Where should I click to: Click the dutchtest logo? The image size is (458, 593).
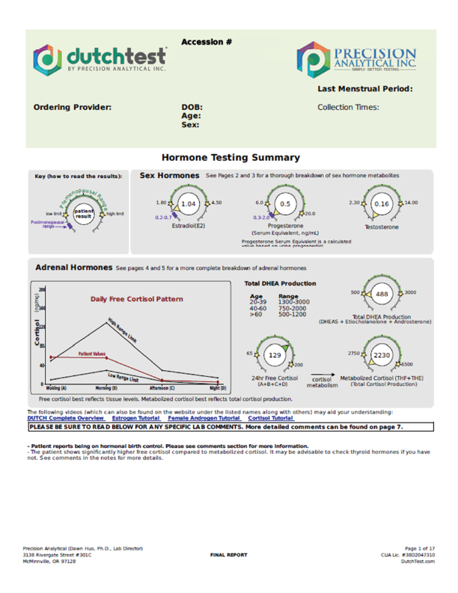click(x=100, y=58)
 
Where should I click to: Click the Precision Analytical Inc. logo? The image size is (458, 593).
click(x=355, y=58)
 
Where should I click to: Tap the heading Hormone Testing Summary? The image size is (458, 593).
click(x=230, y=158)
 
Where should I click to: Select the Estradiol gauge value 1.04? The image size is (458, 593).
click(x=189, y=204)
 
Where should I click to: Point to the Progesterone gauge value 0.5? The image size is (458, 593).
click(x=285, y=204)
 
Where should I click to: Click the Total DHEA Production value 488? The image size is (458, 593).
click(x=382, y=295)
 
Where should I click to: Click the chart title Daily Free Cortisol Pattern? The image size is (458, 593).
click(x=136, y=299)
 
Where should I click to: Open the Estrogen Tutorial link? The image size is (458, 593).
click(x=136, y=418)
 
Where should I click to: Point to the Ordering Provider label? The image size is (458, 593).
click(x=73, y=107)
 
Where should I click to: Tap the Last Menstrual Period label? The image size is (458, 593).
click(x=364, y=89)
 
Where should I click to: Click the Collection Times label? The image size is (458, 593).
click(x=348, y=107)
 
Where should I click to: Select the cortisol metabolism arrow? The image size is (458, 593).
click(x=321, y=372)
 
